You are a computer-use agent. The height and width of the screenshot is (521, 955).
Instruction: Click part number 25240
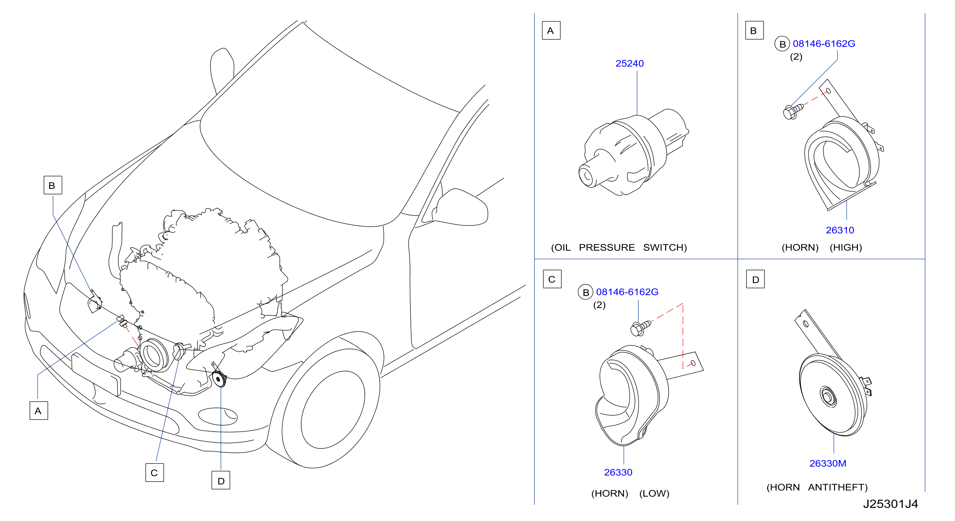(630, 64)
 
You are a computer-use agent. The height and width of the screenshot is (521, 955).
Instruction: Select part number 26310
(840, 230)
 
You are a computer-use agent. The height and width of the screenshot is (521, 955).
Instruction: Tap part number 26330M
(828, 463)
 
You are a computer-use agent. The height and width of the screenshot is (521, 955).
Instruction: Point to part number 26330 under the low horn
(618, 473)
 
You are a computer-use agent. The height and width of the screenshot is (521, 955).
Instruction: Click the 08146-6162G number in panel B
(824, 44)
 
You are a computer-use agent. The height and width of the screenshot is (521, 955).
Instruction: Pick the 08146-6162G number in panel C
(627, 292)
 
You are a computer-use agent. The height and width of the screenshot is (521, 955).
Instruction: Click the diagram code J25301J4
(890, 504)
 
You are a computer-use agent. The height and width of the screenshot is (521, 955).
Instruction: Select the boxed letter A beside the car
(39, 410)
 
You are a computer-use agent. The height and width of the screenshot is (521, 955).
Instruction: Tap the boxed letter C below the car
(154, 473)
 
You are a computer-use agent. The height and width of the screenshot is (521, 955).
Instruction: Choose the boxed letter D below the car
(220, 480)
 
